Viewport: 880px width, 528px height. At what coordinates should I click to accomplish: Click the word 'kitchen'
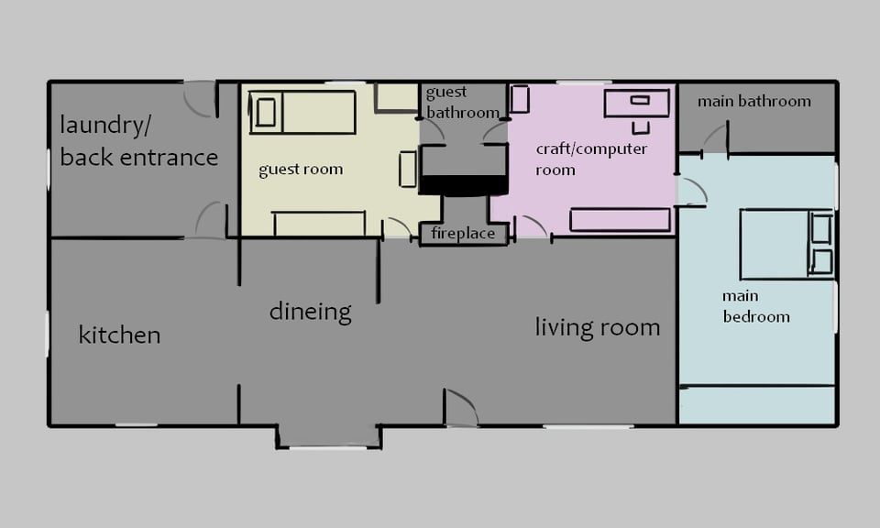pyautogui.click(x=119, y=335)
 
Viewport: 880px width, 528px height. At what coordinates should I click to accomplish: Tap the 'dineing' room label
pyautogui.click(x=311, y=312)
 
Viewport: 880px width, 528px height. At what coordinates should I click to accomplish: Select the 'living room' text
pyautogui.click(x=597, y=327)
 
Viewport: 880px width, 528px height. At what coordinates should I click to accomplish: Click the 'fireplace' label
pyautogui.click(x=463, y=233)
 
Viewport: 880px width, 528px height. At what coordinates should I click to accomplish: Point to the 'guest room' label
pyautogui.click(x=301, y=170)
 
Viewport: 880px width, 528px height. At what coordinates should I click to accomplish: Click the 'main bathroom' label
pyautogui.click(x=754, y=102)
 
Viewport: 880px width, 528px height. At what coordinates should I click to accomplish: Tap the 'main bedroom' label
pyautogui.click(x=756, y=306)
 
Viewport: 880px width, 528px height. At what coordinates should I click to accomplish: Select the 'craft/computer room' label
pyautogui.click(x=591, y=159)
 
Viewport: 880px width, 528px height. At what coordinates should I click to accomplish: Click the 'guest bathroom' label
pyautogui.click(x=462, y=102)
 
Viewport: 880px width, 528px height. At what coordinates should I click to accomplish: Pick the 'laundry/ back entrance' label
pyautogui.click(x=138, y=141)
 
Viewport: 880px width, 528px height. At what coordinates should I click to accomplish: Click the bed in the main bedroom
pyautogui.click(x=786, y=244)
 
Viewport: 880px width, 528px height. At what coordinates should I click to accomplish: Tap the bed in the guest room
pyautogui.click(x=302, y=112)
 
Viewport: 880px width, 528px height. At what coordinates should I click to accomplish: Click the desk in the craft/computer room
pyautogui.click(x=637, y=103)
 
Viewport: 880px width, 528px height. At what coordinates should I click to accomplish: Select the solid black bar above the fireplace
pyautogui.click(x=464, y=185)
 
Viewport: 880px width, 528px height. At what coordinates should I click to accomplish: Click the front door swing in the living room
pyautogui.click(x=461, y=407)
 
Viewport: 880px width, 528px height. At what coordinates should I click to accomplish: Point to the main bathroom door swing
pyautogui.click(x=715, y=138)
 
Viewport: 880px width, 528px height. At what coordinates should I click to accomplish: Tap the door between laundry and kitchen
pyautogui.click(x=211, y=220)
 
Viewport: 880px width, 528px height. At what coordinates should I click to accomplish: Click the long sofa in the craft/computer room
pyautogui.click(x=621, y=220)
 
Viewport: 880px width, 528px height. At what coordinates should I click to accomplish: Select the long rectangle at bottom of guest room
pyautogui.click(x=319, y=224)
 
